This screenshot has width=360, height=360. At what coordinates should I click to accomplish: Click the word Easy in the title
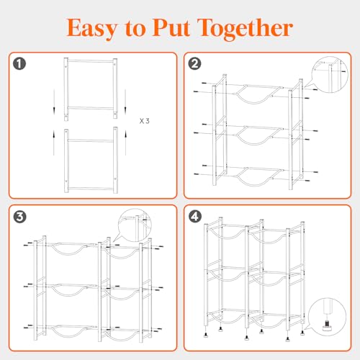tap(92, 29)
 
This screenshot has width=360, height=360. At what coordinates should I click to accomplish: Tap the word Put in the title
tap(171, 27)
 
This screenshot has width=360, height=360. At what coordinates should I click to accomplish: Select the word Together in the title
tap(246, 29)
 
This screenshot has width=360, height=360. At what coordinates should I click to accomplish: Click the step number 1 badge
tap(19, 64)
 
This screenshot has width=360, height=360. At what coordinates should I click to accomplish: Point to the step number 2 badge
tap(194, 64)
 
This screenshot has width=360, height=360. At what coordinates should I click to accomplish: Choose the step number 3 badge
tap(19, 217)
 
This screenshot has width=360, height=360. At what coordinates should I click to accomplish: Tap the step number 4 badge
tap(194, 217)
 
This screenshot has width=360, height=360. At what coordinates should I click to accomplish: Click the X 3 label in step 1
tap(145, 121)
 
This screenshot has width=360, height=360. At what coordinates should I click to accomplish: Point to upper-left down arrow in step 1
tap(54, 102)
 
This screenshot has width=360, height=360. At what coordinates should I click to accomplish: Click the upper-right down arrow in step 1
tap(125, 102)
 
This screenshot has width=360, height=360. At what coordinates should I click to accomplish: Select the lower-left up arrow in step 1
tap(54, 143)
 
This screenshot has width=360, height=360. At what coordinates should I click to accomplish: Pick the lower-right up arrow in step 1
tap(125, 143)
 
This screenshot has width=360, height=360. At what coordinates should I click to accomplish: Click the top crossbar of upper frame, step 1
tap(91, 61)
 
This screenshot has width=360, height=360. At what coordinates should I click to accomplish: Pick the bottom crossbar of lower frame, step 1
tap(91, 189)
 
